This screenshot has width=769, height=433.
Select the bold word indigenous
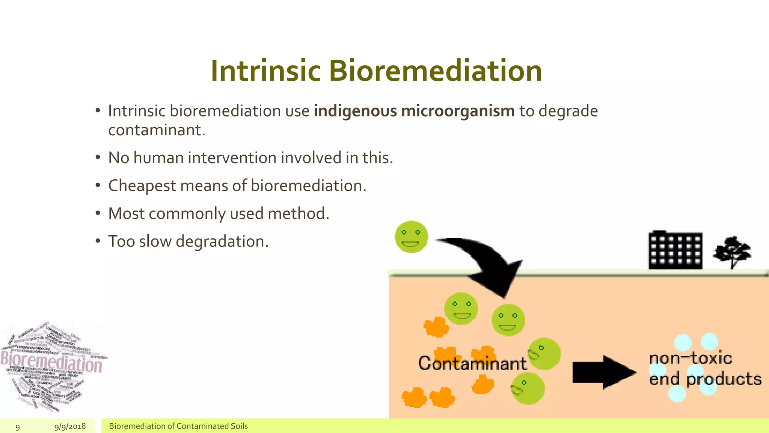(355, 111)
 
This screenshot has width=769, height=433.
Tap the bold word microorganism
(458, 111)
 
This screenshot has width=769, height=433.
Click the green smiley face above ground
(411, 237)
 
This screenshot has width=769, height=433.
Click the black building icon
(675, 250)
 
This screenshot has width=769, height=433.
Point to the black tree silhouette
(732, 251)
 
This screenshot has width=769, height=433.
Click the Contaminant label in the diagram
(472, 363)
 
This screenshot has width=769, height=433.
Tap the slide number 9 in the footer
(18, 427)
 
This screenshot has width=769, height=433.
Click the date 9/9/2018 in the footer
(70, 426)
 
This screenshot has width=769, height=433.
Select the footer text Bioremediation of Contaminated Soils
(178, 426)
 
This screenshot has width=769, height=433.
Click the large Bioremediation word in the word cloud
(51, 363)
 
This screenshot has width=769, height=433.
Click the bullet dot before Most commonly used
(98, 213)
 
